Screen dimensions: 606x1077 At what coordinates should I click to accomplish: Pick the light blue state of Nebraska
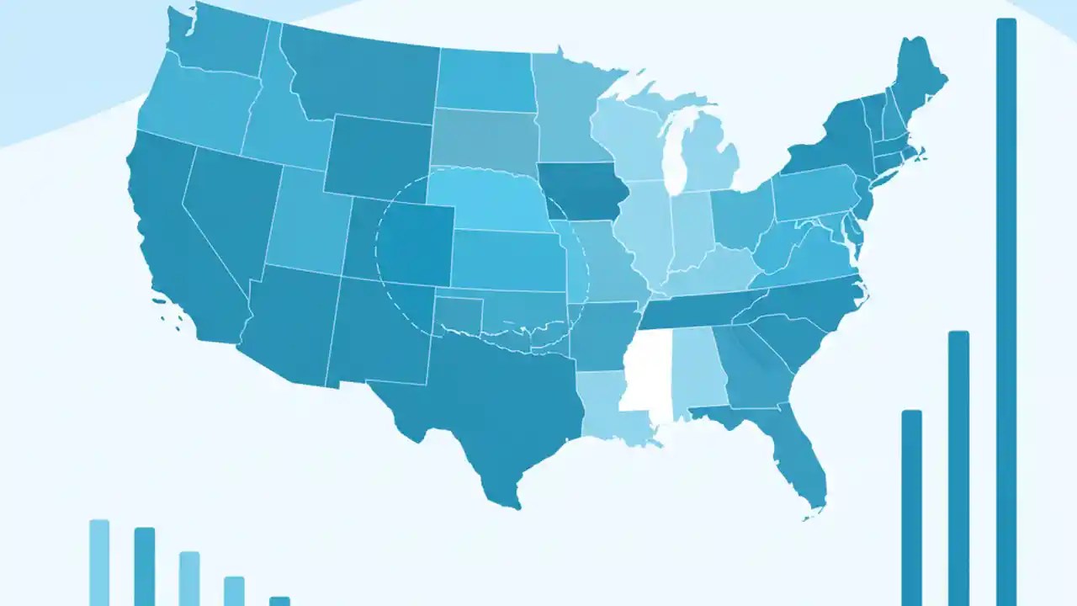(x=488, y=202)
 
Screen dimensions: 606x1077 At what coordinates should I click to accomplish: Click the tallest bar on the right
(x=1006, y=311)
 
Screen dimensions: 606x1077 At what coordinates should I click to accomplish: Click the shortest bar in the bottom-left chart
(x=279, y=601)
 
